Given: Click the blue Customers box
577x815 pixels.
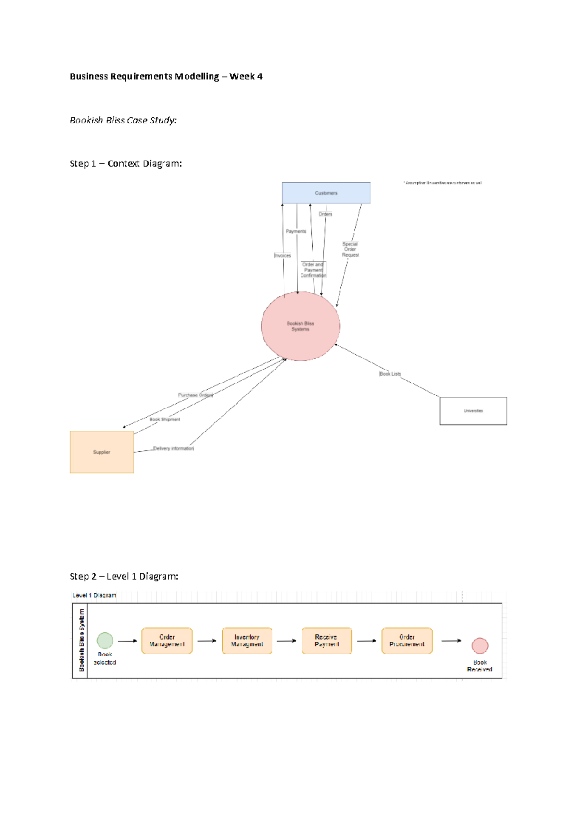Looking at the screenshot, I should [x=326, y=193].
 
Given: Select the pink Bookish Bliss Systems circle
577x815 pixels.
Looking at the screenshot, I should [x=301, y=326].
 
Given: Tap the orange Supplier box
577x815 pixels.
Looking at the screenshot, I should [x=101, y=452].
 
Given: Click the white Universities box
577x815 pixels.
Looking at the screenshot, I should [x=473, y=411].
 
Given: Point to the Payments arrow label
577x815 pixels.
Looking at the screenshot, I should [x=296, y=231].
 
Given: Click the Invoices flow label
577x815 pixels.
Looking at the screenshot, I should [x=283, y=256].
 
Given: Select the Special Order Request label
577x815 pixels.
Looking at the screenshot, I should [x=350, y=249].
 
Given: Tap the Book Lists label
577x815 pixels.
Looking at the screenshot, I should [x=390, y=374].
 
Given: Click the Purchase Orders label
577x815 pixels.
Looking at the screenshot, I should [x=196, y=395].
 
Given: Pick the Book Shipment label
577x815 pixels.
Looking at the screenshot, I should [x=164, y=420].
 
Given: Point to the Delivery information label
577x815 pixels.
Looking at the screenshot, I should [x=174, y=448].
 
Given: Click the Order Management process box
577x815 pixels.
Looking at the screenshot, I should [x=167, y=641].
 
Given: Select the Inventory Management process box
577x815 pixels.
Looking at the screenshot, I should [x=247, y=641].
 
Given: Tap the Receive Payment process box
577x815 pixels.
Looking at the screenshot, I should [x=326, y=641].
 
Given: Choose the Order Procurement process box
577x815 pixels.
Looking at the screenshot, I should [x=407, y=641].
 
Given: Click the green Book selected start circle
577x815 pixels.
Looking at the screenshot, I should [x=105, y=641].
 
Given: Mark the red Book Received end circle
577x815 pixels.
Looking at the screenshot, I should [x=479, y=645].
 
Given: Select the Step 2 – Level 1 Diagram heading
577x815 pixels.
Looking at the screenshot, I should [x=124, y=576].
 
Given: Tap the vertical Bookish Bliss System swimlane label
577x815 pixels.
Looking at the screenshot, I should [x=81, y=640].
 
